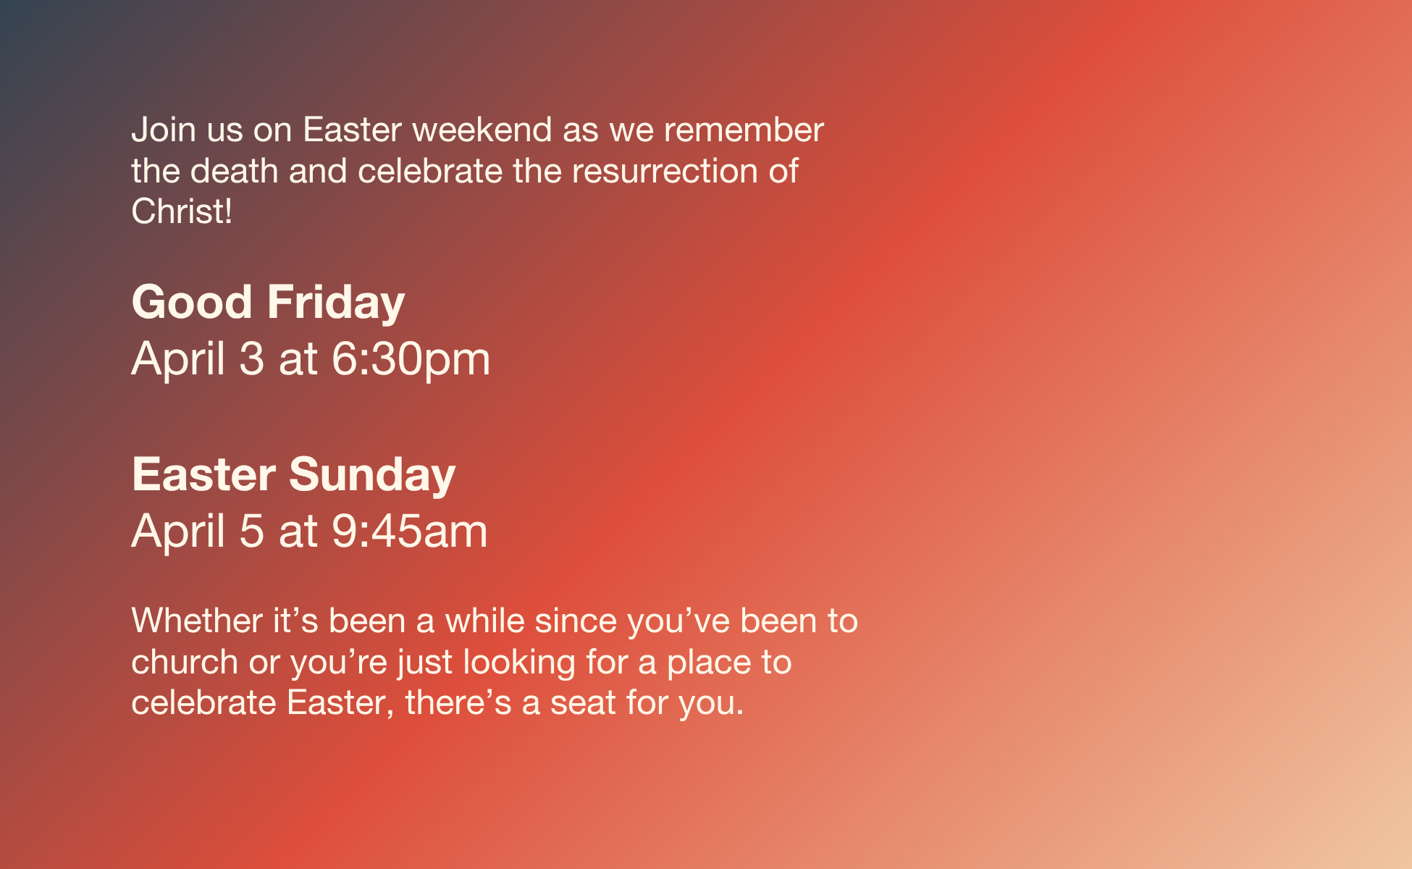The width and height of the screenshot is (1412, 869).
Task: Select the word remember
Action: click(744, 130)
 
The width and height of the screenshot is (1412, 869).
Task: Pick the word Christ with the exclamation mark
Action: click(182, 211)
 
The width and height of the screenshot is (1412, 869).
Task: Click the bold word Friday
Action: click(336, 303)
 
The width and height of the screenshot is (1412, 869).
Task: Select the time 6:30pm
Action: click(411, 359)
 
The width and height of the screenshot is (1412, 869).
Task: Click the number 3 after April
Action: click(252, 358)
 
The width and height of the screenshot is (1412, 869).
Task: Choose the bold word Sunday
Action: click(372, 475)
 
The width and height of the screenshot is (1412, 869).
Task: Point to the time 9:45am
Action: click(410, 531)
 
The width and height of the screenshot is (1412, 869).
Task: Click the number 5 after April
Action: click(252, 531)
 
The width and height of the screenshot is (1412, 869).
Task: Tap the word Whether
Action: click(196, 621)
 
